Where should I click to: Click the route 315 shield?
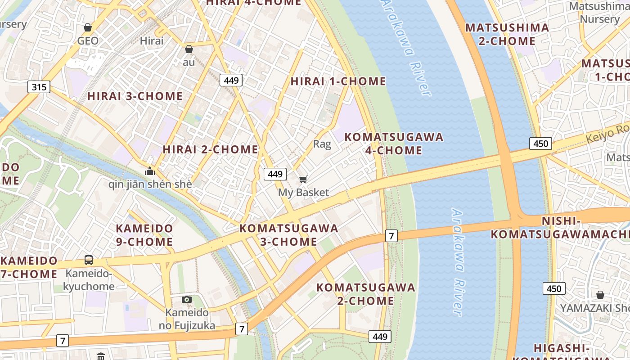pyautogui.click(x=39, y=87)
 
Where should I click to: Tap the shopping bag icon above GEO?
pyautogui.click(x=88, y=27)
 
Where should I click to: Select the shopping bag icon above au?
pyautogui.click(x=189, y=49)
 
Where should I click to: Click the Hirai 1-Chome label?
pyautogui.click(x=338, y=81)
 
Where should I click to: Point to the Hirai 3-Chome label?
pyautogui.click(x=135, y=96)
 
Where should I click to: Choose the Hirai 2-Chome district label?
pyautogui.click(x=210, y=149)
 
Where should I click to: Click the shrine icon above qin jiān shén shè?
pyautogui.click(x=150, y=171)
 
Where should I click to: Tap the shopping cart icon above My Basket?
pyautogui.click(x=303, y=180)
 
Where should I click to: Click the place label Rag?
pyautogui.click(x=322, y=144)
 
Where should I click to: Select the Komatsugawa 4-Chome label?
pyautogui.click(x=394, y=144)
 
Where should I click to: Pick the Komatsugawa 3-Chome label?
pyautogui.click(x=289, y=235)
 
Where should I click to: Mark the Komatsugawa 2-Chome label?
pyautogui.click(x=365, y=294)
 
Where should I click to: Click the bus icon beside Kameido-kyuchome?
pyautogui.click(x=89, y=260)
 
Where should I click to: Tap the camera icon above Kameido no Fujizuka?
pyautogui.click(x=187, y=299)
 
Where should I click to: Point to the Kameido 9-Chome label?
pyautogui.click(x=144, y=235)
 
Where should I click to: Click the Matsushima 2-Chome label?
pyautogui.click(x=507, y=34)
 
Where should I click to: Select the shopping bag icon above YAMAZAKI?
pyautogui.click(x=600, y=295)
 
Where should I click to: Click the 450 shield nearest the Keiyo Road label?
pyautogui.click(x=540, y=144)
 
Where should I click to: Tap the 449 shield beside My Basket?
pyautogui.click(x=274, y=174)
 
